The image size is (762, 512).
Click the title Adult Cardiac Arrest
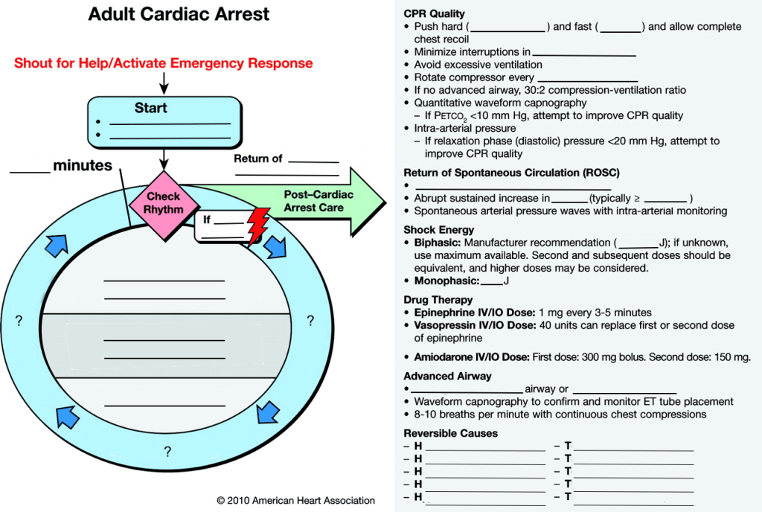[x=179, y=15]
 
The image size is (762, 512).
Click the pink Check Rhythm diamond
[x=163, y=203]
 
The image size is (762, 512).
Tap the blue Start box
[x=164, y=121]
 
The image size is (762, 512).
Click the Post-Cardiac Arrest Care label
[x=318, y=201]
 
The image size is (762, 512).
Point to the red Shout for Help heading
[x=163, y=63]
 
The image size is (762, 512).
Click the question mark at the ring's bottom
[x=168, y=451]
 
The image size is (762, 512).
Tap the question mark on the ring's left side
[x=19, y=321]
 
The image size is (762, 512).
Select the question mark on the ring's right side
[x=310, y=321]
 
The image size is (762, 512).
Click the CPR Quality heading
[x=434, y=13]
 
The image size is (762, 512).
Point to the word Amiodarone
[x=444, y=357]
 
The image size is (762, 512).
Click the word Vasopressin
[x=445, y=325]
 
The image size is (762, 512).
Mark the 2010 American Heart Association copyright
[x=295, y=501]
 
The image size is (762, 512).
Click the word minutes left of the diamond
[x=82, y=166]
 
